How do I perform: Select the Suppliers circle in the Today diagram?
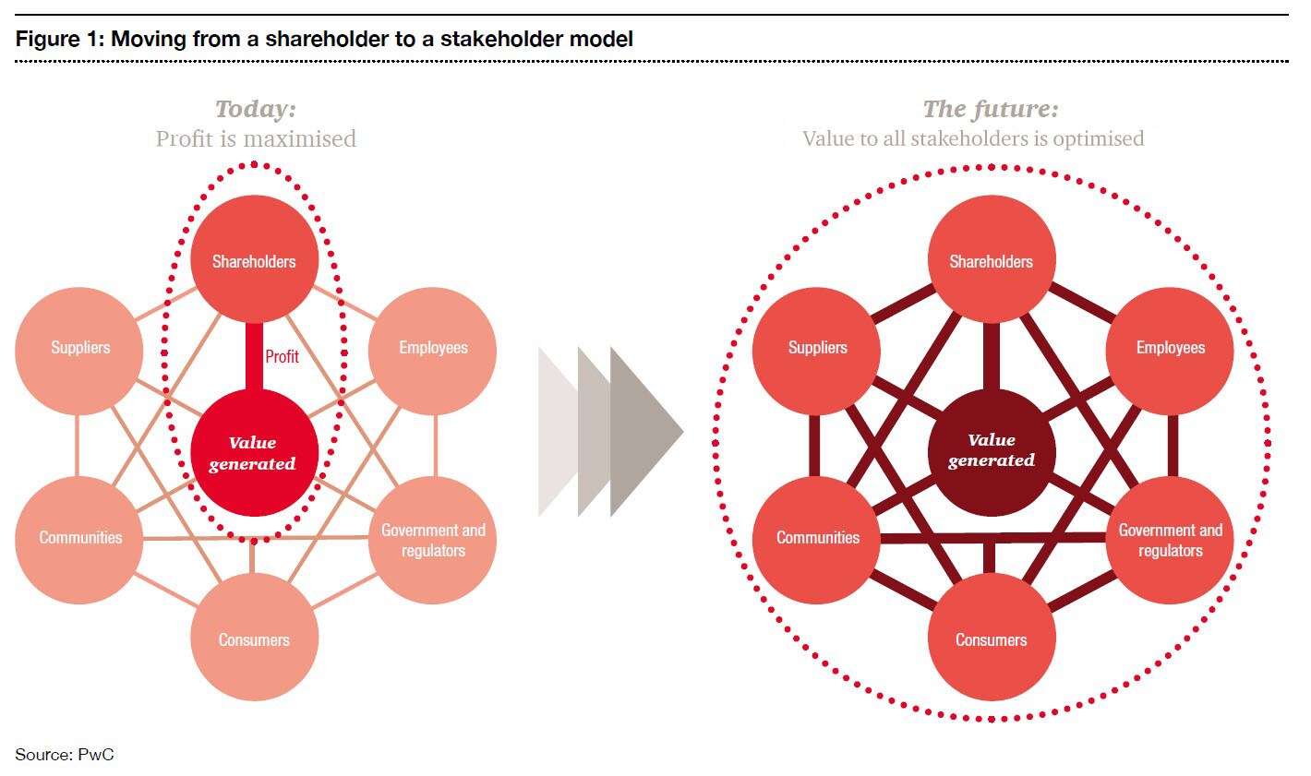80,350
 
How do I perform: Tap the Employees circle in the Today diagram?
432,350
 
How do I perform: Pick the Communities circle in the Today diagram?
80,540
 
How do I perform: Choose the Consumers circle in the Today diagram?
254,638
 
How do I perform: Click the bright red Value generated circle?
254,453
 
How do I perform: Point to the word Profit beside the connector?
282,356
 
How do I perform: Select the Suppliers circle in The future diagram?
817,350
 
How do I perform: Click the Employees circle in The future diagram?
1170,350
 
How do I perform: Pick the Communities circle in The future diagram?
817,540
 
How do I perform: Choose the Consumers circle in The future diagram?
991,638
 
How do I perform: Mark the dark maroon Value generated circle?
991,451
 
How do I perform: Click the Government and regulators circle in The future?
1170,541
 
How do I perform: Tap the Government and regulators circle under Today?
432,541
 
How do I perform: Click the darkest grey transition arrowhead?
646,431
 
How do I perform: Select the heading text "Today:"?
256,109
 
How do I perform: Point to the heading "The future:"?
991,109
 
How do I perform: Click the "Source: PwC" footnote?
65,755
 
